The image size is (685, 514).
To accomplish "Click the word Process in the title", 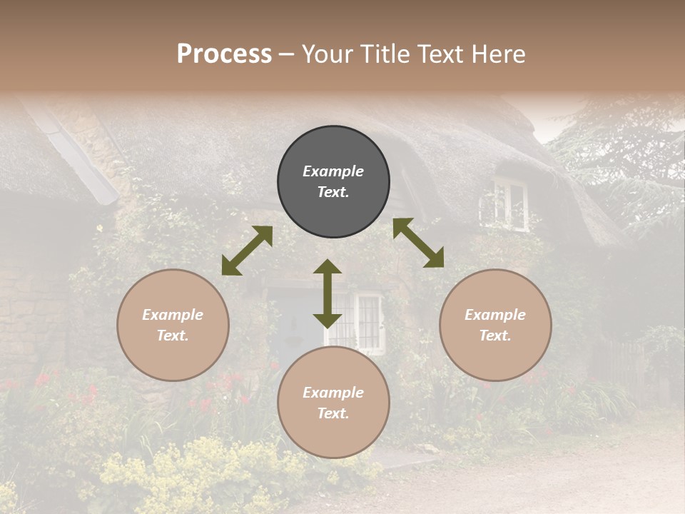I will coord(224,54).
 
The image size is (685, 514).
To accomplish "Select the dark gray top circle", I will coord(333,182).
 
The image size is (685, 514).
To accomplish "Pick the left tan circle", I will coord(173,325).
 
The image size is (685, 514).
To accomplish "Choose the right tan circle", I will coord(495,325).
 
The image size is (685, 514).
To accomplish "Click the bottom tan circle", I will coord(333,403).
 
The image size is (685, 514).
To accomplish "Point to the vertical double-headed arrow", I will coord(328,293).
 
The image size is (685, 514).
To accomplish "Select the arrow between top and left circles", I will coord(247,251).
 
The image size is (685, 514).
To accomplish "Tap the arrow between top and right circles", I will coord(418,243).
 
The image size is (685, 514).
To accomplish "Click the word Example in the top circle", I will coord(333,171).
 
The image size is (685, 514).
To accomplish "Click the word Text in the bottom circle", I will coord(331,413).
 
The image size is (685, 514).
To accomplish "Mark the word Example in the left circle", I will coord(173,315).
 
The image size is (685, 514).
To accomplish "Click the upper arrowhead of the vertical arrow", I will coord(328,266).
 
